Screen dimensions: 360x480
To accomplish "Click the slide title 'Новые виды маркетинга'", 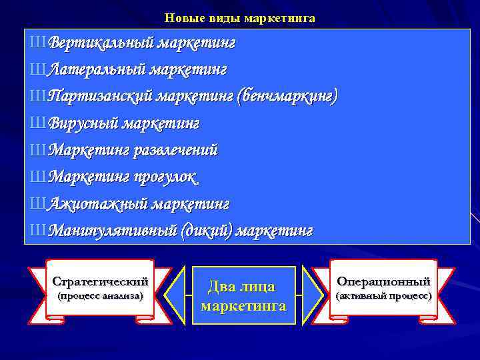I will click(x=239, y=19).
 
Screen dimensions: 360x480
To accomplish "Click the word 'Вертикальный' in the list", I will click(x=94, y=43).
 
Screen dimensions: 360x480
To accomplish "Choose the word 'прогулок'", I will click(x=164, y=176).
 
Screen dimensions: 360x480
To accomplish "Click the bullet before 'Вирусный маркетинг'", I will click(x=38, y=123).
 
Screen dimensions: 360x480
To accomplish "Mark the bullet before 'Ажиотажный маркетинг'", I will click(x=38, y=203).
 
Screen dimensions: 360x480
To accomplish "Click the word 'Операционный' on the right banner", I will click(x=383, y=281).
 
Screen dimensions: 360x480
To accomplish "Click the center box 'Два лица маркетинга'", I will click(x=243, y=296).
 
